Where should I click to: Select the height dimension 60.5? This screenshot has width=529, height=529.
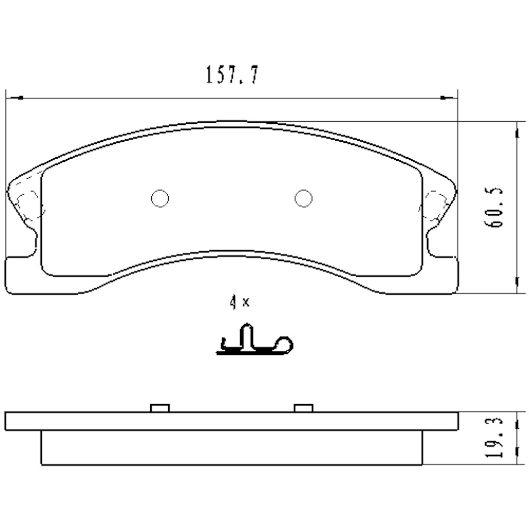(498, 207)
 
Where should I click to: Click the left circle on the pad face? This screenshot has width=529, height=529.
(160, 198)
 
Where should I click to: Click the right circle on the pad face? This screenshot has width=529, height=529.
(303, 198)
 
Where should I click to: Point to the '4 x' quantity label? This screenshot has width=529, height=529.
(239, 303)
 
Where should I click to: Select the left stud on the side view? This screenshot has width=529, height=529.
(159, 408)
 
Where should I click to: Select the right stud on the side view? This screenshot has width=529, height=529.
(303, 408)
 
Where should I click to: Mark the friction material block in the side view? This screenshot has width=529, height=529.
(231, 448)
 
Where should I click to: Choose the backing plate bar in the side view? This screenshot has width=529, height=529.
(231, 421)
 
